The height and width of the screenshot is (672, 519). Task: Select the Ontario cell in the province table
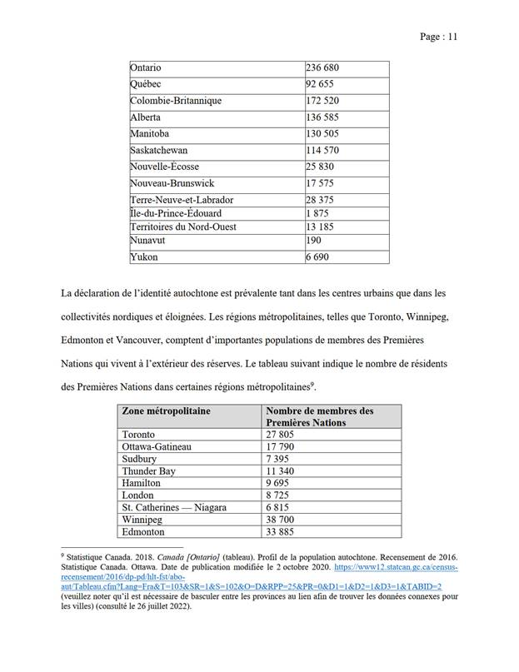tap(146, 67)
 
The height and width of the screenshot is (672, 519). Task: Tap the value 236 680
tap(322, 67)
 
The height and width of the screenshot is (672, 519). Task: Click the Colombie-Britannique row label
tap(176, 101)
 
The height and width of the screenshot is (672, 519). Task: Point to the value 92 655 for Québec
tap(320, 84)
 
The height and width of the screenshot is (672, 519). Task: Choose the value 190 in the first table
tap(314, 241)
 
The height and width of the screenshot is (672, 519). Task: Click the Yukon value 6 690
tap(317, 257)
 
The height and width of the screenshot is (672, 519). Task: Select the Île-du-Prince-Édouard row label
tap(176, 213)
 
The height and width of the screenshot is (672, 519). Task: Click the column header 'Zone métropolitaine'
tap(167, 411)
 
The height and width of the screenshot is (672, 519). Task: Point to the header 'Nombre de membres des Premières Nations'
tap(319, 417)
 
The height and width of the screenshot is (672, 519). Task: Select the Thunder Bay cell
tap(149, 471)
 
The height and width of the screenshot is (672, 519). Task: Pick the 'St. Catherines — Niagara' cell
tap(174, 507)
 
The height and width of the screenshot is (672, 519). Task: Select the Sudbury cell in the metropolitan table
tap(142, 459)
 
